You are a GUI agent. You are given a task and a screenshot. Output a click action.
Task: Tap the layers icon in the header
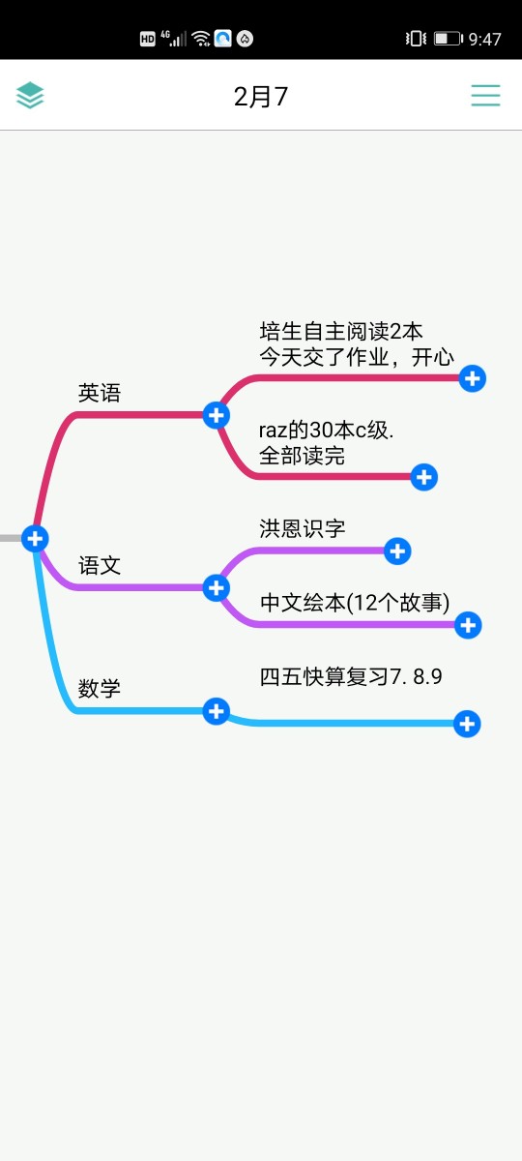(x=30, y=96)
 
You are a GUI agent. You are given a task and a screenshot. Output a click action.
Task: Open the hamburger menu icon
(x=485, y=96)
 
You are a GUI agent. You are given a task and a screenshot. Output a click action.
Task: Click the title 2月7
(x=260, y=97)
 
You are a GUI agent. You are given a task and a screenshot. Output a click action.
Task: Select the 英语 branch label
(x=100, y=393)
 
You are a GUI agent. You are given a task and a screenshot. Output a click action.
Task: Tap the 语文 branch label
(x=100, y=565)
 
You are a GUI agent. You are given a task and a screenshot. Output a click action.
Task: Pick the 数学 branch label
(x=100, y=688)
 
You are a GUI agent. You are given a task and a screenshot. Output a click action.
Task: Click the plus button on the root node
(x=35, y=539)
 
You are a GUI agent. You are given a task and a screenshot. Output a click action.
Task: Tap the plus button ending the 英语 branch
(x=216, y=415)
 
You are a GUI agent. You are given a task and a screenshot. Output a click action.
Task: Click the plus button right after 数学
(x=216, y=711)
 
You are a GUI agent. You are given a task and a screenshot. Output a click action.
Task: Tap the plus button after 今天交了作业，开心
(x=473, y=378)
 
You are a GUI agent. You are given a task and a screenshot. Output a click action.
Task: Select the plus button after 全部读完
(x=424, y=477)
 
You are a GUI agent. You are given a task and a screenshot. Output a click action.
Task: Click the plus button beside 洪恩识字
(x=397, y=551)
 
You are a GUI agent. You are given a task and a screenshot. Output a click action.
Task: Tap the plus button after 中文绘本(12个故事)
(x=468, y=625)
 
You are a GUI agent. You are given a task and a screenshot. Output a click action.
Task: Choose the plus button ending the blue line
(x=467, y=724)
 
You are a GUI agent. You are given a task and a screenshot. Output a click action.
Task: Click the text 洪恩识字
(x=303, y=528)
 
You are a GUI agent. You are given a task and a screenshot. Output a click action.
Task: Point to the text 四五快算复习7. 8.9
(x=351, y=676)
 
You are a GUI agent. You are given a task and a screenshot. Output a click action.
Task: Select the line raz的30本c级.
(x=327, y=431)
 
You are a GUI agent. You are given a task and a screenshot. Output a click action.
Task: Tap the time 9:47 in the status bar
(x=484, y=39)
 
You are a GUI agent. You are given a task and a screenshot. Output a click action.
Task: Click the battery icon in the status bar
(x=449, y=39)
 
